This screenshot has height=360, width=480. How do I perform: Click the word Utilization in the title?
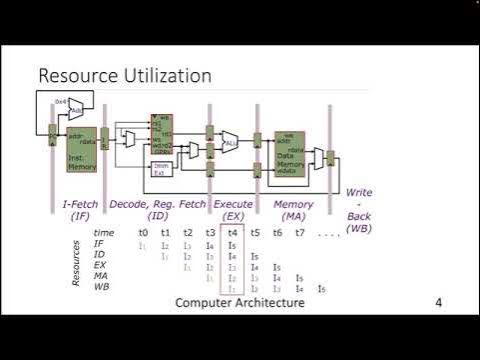[x=166, y=76]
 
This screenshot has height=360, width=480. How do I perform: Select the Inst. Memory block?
[x=81, y=151]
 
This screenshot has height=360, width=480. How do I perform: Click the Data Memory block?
[x=290, y=154]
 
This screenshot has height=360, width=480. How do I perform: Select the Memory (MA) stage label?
[x=294, y=210]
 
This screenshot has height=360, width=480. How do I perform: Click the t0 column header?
[x=143, y=233]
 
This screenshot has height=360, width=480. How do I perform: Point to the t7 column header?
[x=298, y=233]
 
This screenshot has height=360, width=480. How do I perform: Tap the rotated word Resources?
[x=76, y=262]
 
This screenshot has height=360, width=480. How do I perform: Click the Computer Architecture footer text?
[x=239, y=302]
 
